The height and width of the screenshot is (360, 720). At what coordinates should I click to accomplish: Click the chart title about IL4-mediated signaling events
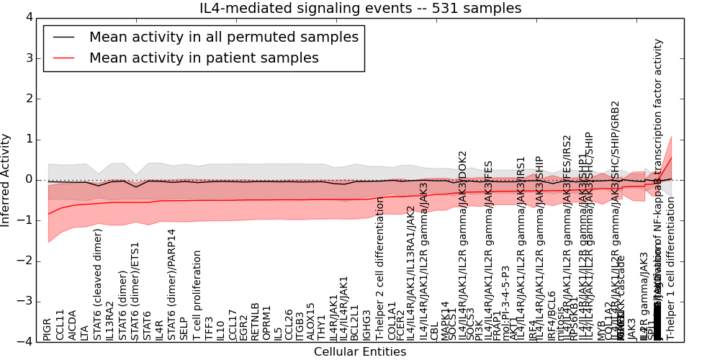coord(360,9)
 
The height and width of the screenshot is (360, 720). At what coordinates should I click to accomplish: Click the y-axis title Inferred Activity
coord(6,180)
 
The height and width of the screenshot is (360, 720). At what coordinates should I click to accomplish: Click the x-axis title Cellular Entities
coord(360,352)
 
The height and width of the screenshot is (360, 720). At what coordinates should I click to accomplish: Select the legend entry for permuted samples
coord(223,37)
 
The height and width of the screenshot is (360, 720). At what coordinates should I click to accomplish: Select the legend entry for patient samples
coord(204,58)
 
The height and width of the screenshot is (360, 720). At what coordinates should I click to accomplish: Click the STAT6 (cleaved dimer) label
coord(97,284)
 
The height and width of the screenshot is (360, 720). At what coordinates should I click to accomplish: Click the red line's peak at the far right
coord(672,158)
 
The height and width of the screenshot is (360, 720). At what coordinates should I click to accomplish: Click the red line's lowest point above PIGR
coord(48,214)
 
